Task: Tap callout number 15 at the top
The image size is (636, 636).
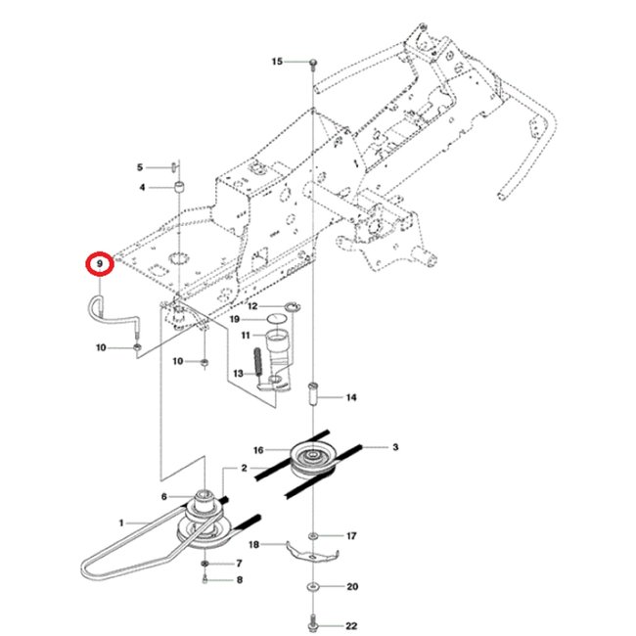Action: pos(277,62)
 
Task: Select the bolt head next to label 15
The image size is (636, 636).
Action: pos(311,63)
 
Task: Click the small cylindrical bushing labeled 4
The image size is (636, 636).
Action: pos(179,186)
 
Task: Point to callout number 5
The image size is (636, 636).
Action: pos(140,167)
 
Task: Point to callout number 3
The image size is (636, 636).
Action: pos(395,447)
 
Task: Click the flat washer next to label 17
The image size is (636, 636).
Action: pos(311,536)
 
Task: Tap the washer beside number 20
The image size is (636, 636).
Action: pos(311,587)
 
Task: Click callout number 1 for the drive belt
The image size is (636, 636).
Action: pos(122,523)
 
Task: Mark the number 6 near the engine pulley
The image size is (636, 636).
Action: pos(163,497)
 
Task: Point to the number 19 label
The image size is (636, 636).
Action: pos(235,320)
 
